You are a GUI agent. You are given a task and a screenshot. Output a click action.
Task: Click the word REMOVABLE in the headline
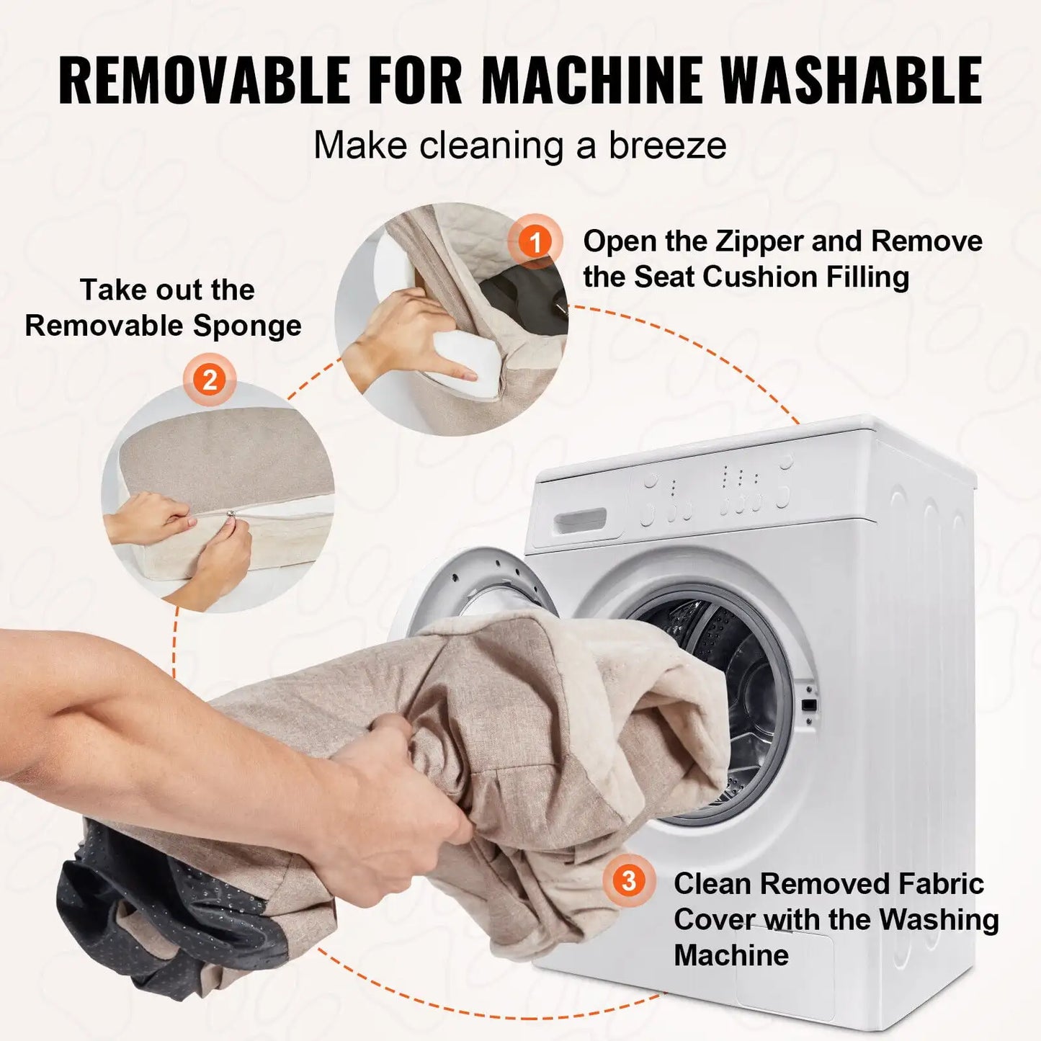click(x=204, y=80)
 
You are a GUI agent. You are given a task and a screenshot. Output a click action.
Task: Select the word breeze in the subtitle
click(x=667, y=146)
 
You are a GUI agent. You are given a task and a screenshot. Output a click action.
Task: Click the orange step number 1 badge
click(x=535, y=242)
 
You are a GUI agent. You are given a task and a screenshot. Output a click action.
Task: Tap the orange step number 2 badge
click(x=210, y=380)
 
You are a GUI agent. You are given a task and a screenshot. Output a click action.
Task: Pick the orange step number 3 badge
click(x=629, y=880)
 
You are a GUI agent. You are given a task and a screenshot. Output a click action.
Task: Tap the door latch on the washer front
click(x=808, y=704)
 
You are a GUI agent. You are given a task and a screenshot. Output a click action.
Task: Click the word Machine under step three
click(x=731, y=956)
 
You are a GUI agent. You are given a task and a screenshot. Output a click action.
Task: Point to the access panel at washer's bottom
click(x=785, y=969)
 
